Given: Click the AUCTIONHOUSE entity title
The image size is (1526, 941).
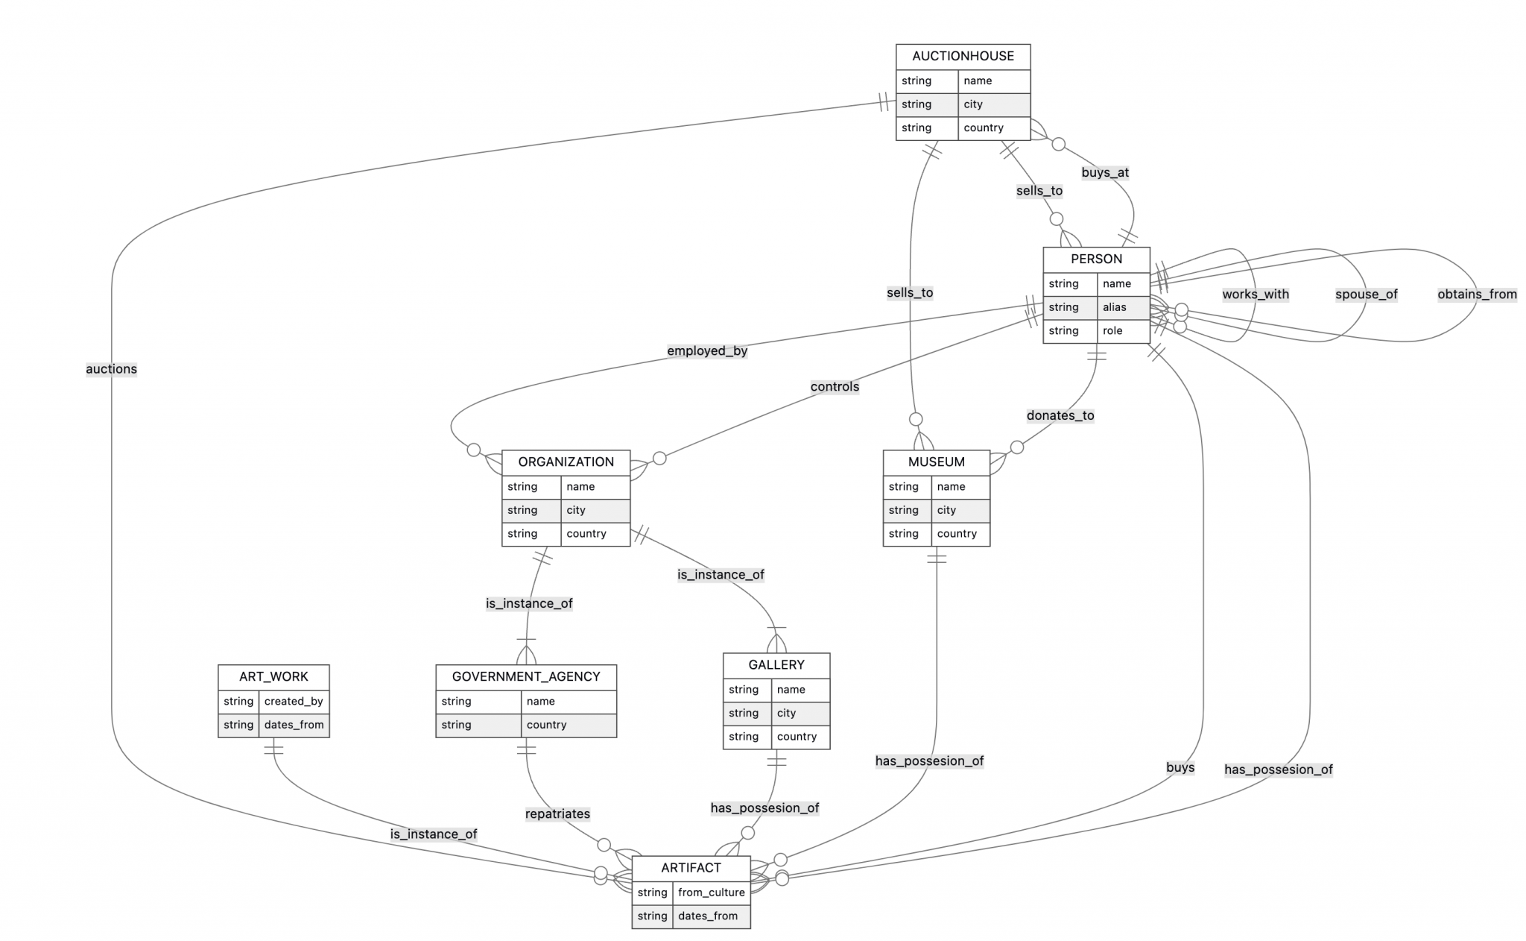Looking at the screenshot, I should pyautogui.click(x=963, y=56).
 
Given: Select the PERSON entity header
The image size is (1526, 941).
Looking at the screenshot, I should pyautogui.click(x=1096, y=259).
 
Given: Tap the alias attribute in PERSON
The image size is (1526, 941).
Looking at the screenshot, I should pyautogui.click(x=1115, y=307).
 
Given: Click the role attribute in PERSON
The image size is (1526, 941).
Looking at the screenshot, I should pyautogui.click(x=1112, y=331).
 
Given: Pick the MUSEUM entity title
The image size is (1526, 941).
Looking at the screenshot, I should pyautogui.click(x=936, y=462).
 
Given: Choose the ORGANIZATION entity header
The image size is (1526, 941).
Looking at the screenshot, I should pyautogui.click(x=566, y=462).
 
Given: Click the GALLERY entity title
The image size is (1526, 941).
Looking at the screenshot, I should pyautogui.click(x=776, y=664).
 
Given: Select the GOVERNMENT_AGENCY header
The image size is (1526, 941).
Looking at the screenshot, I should pyautogui.click(x=525, y=676).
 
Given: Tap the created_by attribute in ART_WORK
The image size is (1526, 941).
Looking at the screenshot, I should pyautogui.click(x=294, y=701).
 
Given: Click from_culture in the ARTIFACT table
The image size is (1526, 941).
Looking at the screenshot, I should pyautogui.click(x=711, y=893).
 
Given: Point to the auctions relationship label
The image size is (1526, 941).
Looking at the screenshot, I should pyautogui.click(x=111, y=369).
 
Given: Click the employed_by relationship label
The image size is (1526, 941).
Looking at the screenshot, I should pyautogui.click(x=706, y=351).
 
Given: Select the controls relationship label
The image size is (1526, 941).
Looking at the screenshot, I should pyautogui.click(x=835, y=386).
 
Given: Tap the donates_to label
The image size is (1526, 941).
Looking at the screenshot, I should pyautogui.click(x=1060, y=415).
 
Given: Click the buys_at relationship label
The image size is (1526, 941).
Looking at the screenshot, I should pyautogui.click(x=1105, y=172).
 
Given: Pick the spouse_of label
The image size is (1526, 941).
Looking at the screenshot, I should pyautogui.click(x=1366, y=294).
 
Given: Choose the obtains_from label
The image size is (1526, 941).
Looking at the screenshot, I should pyautogui.click(x=1477, y=294).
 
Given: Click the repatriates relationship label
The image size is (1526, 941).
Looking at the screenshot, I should pyautogui.click(x=557, y=813).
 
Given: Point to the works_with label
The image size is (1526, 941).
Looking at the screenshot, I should pyautogui.click(x=1255, y=294).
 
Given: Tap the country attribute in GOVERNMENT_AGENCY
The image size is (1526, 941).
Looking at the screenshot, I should pyautogui.click(x=546, y=725).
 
